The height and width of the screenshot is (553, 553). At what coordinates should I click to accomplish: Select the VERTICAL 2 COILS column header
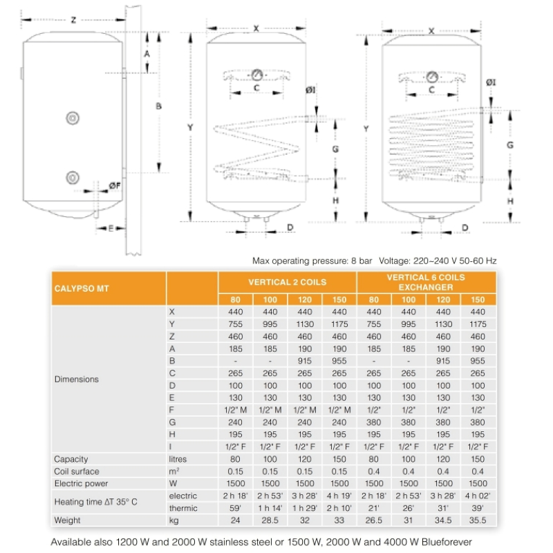click(287, 282)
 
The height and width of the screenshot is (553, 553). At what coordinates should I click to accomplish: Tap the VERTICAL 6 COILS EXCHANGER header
click(425, 282)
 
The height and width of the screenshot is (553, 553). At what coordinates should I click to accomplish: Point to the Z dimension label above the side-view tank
click(73, 19)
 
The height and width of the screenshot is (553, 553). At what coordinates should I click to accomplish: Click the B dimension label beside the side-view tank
click(158, 106)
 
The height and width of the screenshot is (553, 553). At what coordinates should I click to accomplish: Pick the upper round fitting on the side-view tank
click(73, 118)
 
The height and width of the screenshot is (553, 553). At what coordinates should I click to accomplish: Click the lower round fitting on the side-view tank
click(73, 177)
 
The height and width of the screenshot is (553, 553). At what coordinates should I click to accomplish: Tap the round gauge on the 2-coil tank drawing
click(256, 74)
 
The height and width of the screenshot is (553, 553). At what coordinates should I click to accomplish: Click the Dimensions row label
click(76, 379)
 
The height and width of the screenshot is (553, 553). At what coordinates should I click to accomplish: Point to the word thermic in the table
click(182, 508)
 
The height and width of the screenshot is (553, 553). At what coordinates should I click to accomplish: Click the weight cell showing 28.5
click(270, 521)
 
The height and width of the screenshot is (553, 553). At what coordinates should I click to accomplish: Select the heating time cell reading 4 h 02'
click(478, 496)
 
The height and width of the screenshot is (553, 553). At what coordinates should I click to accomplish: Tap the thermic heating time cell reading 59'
click(236, 508)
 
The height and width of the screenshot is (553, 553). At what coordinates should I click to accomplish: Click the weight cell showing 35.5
click(478, 521)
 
